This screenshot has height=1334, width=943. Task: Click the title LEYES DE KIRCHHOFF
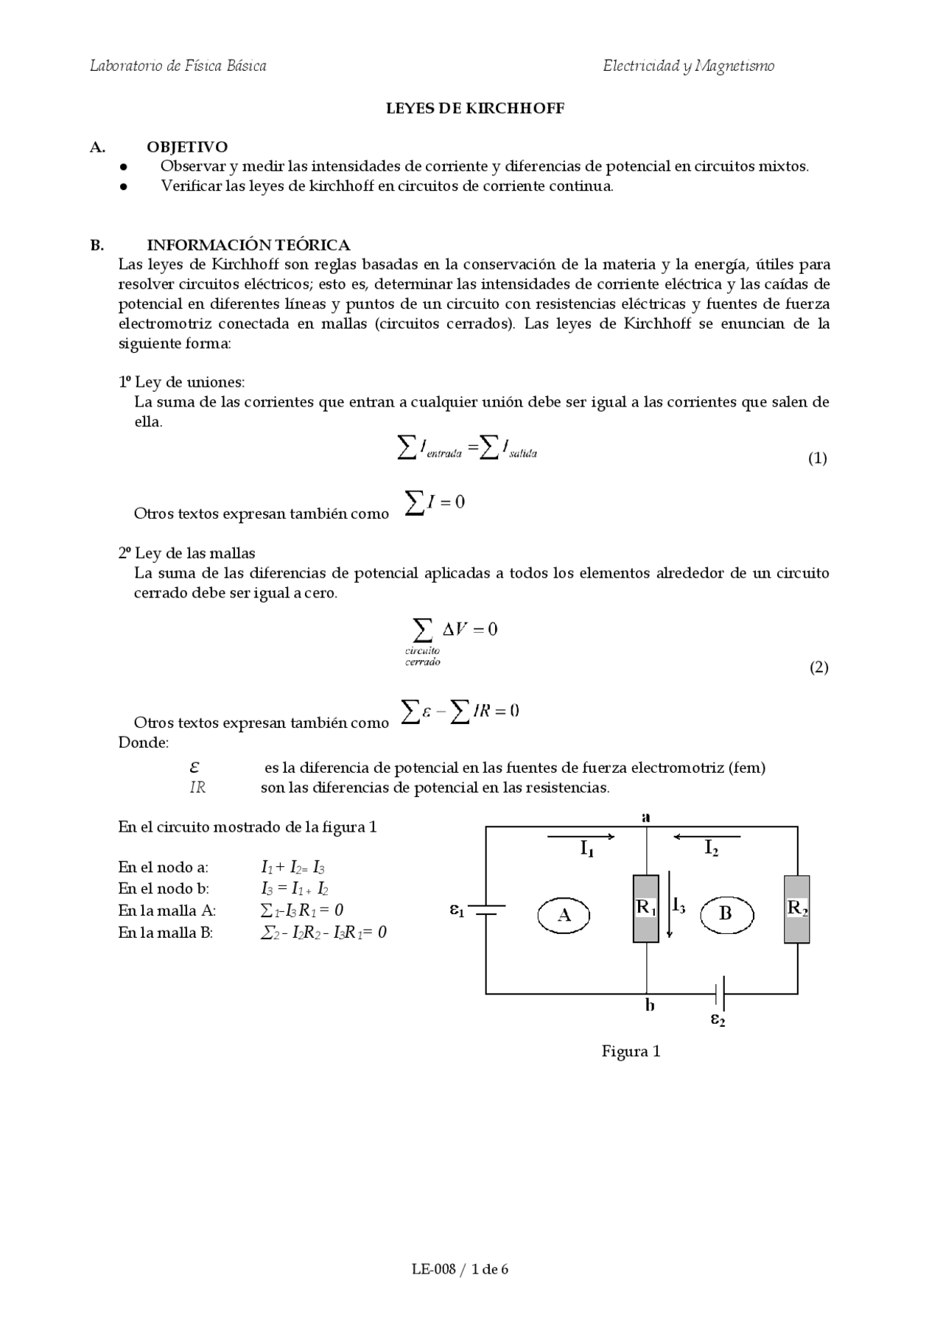pos(475,108)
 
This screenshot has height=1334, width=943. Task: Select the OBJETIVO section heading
pos(187,147)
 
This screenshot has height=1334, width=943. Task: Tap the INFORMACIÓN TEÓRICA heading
pos(248,245)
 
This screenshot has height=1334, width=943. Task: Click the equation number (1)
pos(817,458)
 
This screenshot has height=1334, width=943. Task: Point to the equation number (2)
pos(818,667)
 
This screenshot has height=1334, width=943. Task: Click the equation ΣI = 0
pos(435,502)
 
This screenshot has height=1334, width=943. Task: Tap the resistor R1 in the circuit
pos(646,908)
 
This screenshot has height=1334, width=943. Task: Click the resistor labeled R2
pos(796,908)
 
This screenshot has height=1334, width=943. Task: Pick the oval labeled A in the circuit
pos(564,916)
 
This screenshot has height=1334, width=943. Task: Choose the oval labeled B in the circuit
pos(726,915)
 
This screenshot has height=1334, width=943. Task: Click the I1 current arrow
pos(581,837)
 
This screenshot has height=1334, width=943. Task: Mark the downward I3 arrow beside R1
pos(670,905)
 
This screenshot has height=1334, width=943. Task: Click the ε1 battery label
pos(457,910)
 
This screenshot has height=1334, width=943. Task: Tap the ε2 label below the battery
pos(718,1019)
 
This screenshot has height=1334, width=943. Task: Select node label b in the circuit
pos(650,1005)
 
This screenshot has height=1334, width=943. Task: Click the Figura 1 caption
pos(631,1051)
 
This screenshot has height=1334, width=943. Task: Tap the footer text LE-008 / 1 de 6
pos(460,1268)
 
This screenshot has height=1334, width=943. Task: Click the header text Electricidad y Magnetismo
pos(688,66)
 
